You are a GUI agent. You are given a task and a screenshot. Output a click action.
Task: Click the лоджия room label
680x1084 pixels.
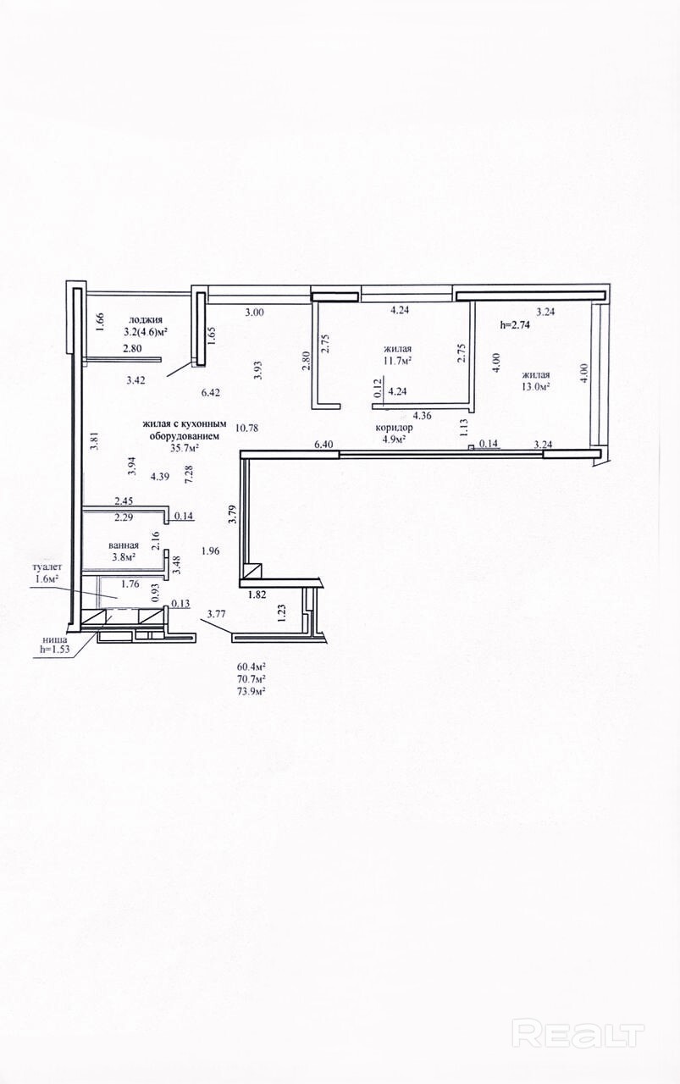(145, 320)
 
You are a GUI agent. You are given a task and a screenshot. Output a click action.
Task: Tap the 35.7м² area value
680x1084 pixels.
(185, 448)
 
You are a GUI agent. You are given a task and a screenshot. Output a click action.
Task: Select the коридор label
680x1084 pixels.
(394, 428)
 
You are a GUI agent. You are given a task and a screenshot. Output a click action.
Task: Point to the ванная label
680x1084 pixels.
(124, 545)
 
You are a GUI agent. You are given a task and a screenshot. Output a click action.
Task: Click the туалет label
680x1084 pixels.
(47, 567)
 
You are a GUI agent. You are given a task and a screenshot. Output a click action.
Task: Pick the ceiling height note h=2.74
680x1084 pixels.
(515, 325)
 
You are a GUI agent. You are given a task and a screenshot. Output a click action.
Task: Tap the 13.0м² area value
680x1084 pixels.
(536, 387)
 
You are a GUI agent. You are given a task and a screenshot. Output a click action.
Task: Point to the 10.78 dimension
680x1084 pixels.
(246, 428)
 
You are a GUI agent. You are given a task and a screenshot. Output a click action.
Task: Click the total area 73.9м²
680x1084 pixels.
(249, 693)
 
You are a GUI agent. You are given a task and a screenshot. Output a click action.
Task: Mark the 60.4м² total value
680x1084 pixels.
(249, 666)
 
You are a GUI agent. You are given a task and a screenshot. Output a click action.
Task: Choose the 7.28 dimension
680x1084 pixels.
(189, 473)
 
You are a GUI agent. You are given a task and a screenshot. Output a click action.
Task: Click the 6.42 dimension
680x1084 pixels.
(211, 393)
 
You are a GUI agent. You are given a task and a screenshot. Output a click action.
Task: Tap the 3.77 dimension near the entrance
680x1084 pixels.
(216, 615)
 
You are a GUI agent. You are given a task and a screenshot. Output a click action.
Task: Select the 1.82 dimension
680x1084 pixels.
(257, 595)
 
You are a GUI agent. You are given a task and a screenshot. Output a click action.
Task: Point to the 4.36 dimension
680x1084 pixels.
(421, 415)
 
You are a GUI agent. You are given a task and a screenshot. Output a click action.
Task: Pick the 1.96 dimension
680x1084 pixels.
(211, 550)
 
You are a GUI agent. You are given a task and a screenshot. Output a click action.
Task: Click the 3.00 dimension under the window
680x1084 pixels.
(254, 312)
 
